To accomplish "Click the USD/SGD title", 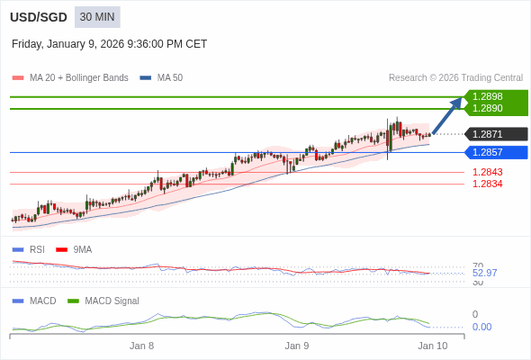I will click(x=39, y=17).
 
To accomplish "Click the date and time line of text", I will click(x=109, y=44).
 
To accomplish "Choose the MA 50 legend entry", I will click(x=162, y=78).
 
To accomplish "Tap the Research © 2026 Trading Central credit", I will click(x=455, y=78).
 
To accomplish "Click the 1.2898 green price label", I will click(x=488, y=96).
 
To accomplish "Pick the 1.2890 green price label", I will click(x=488, y=108).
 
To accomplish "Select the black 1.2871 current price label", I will click(x=488, y=134).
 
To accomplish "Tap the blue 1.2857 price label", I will click(x=488, y=152).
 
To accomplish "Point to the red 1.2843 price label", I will click(x=488, y=172).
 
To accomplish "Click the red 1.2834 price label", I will click(x=488, y=184).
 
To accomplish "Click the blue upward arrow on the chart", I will click(x=447, y=115).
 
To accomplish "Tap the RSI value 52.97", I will click(x=484, y=273).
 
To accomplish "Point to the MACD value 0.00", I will click(x=481, y=327).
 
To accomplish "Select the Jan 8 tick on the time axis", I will click(x=141, y=346).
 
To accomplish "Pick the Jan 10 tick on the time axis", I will click(x=432, y=346).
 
